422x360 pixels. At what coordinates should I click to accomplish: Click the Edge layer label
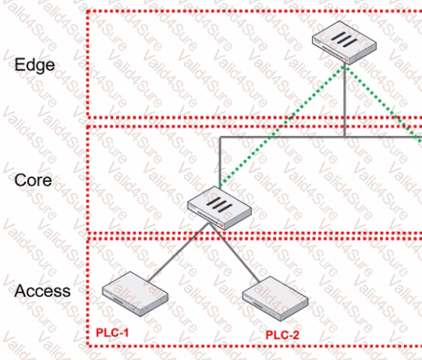click(34, 66)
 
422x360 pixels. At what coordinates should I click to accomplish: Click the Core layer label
click(33, 180)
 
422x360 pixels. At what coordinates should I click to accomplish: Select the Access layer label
click(43, 290)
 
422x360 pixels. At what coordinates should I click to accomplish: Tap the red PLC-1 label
click(112, 333)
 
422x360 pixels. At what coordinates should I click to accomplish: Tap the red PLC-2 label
click(282, 335)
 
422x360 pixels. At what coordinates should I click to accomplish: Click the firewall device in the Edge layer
click(344, 43)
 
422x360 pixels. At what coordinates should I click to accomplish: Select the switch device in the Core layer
click(220, 208)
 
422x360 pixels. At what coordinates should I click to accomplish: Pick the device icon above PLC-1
click(135, 294)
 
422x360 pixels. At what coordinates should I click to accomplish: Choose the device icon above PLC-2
click(275, 298)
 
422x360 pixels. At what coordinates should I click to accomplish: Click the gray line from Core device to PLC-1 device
click(179, 252)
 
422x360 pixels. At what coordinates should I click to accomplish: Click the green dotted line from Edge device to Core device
click(282, 126)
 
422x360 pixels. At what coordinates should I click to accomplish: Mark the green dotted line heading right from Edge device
click(383, 103)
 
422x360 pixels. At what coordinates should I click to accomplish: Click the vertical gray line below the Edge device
click(345, 102)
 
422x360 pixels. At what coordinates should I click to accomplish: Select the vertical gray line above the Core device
click(220, 162)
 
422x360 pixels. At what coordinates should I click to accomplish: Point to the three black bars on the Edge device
click(344, 39)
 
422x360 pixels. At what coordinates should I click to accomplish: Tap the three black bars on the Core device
click(219, 205)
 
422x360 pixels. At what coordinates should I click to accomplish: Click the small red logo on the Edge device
click(346, 59)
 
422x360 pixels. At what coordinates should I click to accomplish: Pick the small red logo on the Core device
click(222, 224)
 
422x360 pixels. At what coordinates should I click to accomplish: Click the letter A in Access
click(20, 290)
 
